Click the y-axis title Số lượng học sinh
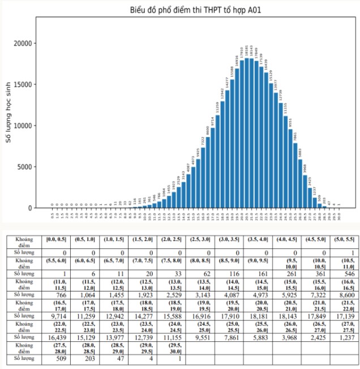click(10, 112)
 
